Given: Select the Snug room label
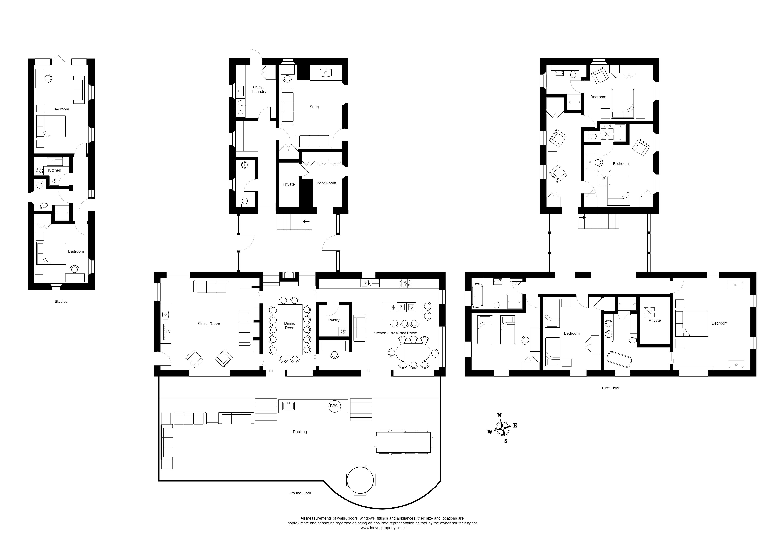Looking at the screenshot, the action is (x=314, y=107).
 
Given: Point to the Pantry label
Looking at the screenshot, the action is (x=334, y=320).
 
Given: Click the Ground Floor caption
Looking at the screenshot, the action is (x=300, y=493).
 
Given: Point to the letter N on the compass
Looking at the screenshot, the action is (x=499, y=415).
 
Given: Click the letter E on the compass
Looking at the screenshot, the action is (x=515, y=425).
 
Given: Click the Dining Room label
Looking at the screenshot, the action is (x=290, y=325).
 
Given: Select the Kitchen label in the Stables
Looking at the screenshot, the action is (x=55, y=170).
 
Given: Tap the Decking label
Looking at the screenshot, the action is (x=300, y=432).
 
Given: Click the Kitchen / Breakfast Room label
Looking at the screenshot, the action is (x=395, y=333).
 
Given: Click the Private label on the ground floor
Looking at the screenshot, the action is (x=289, y=184).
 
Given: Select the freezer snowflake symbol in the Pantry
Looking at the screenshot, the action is (x=343, y=331).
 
